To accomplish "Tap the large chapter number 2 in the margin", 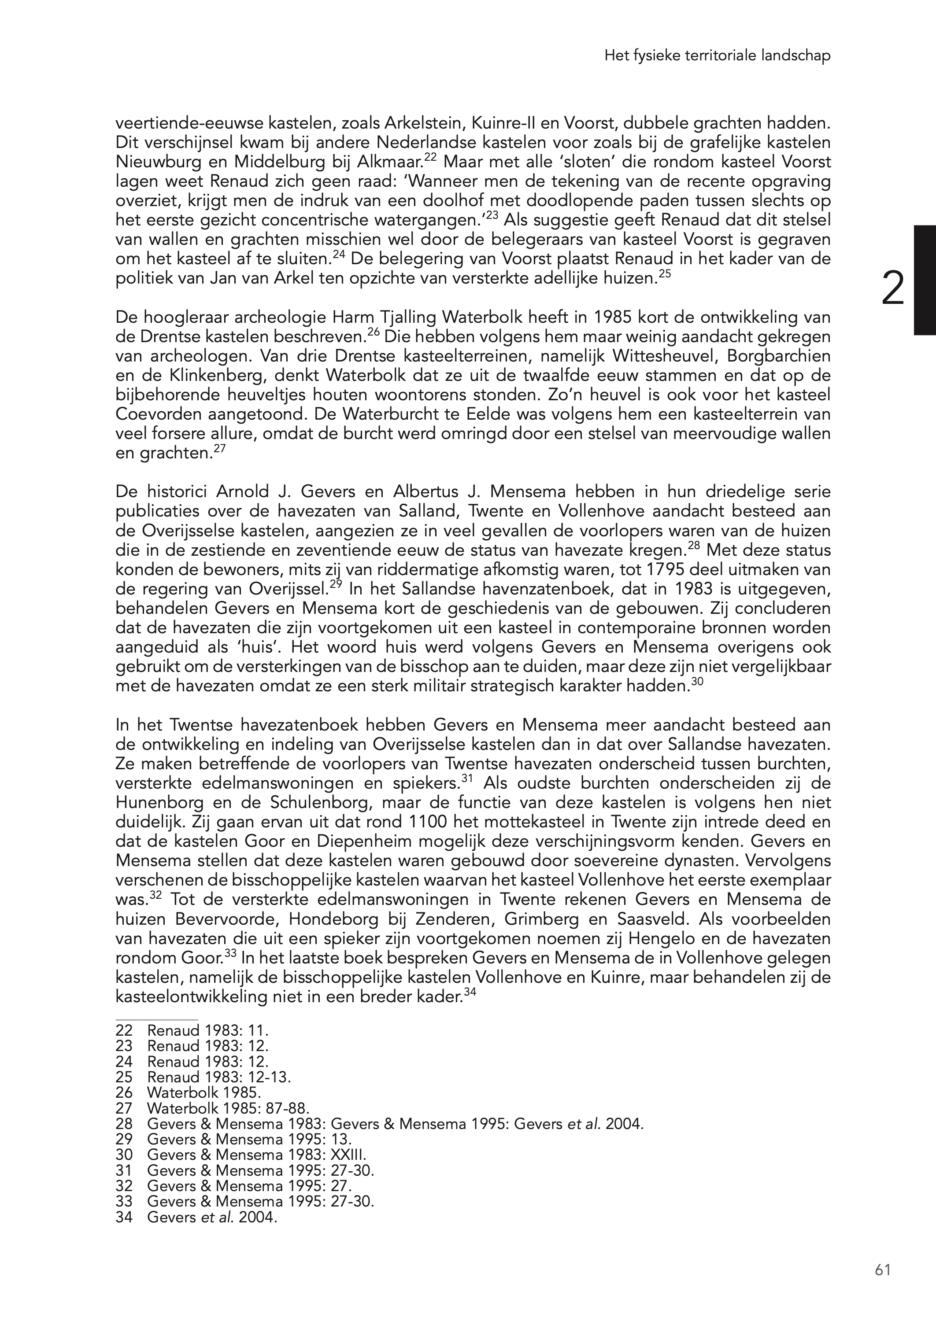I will (893, 289).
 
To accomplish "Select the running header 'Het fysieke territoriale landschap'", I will (718, 56).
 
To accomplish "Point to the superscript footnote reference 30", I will (697, 682).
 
